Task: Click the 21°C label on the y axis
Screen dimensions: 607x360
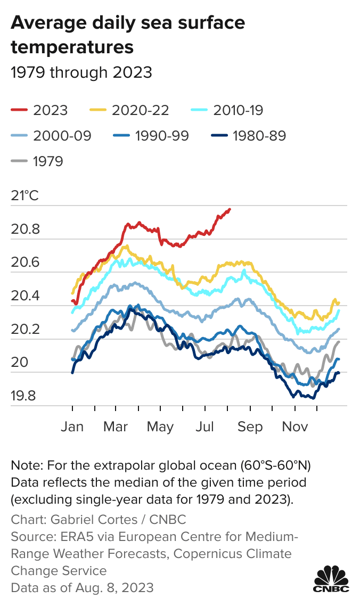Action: (x=24, y=196)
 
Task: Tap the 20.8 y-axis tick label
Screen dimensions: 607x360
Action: (x=25, y=230)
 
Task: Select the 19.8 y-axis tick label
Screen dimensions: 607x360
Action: (x=25, y=396)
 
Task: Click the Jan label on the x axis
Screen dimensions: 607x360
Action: (x=72, y=426)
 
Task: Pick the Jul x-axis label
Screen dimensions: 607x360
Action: (x=205, y=426)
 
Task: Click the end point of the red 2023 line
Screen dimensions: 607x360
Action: (x=230, y=209)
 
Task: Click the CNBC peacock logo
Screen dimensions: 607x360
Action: (x=331, y=579)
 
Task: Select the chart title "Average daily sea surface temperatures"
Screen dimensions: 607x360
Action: (x=128, y=35)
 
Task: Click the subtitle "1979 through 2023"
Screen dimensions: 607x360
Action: (x=81, y=72)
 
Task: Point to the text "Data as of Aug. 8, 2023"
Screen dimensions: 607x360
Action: (x=82, y=588)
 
